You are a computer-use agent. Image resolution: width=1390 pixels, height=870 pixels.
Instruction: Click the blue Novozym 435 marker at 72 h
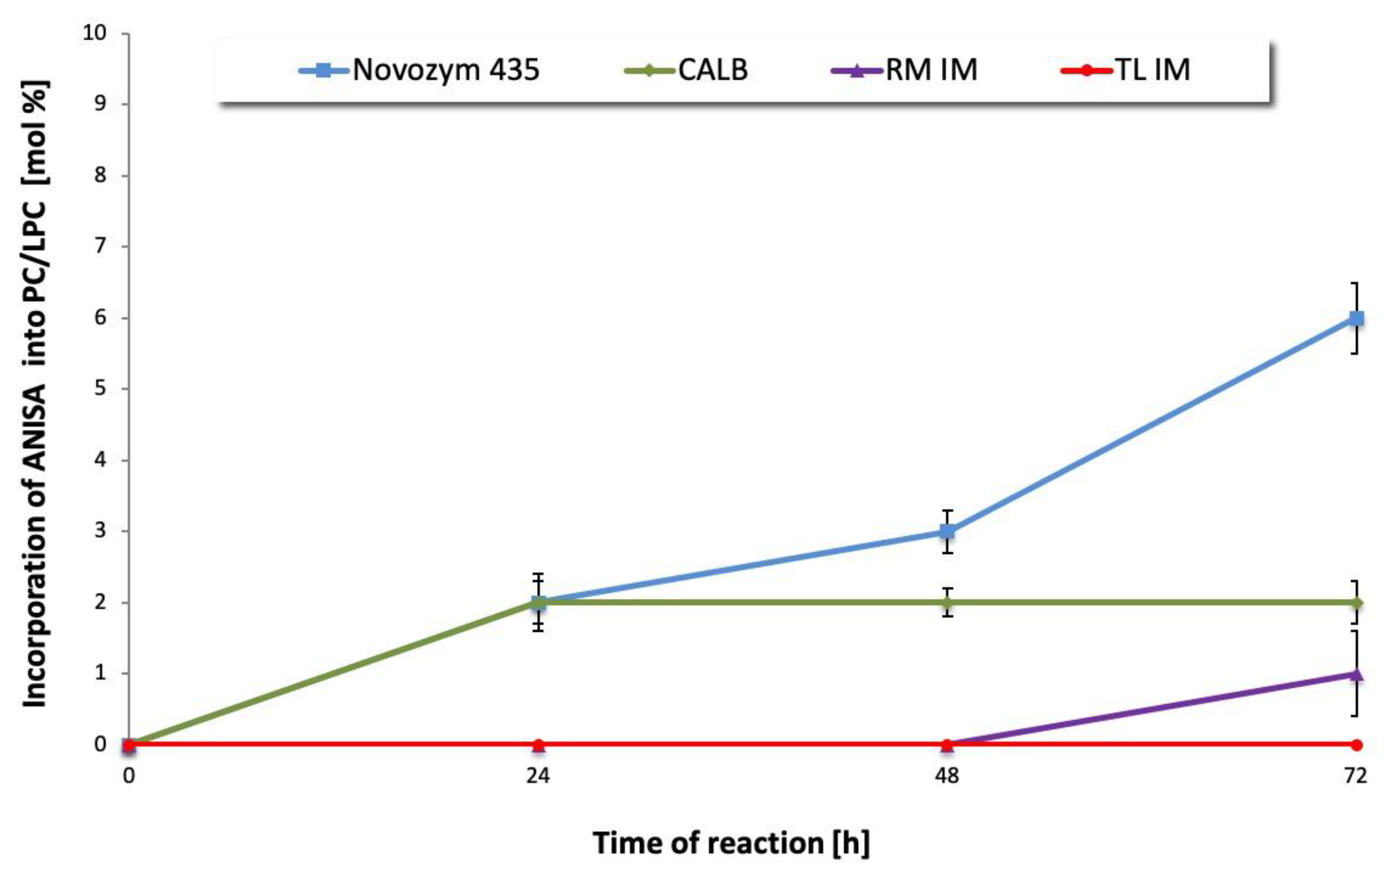point(1356,318)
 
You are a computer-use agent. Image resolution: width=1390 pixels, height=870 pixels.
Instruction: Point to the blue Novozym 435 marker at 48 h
point(947,531)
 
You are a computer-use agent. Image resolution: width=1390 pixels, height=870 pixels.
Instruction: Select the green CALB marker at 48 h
point(947,602)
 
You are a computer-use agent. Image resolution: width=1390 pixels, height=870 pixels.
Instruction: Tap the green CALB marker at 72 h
point(1356,602)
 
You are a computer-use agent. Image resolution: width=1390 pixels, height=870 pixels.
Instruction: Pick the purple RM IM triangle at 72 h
point(1356,674)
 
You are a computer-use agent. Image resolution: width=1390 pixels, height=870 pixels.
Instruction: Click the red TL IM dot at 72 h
point(1356,744)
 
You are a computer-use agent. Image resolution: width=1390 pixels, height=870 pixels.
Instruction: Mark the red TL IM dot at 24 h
point(538,744)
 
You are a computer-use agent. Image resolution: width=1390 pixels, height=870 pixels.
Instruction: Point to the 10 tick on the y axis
point(95,33)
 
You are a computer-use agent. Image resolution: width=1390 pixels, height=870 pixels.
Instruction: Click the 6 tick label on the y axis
point(101,317)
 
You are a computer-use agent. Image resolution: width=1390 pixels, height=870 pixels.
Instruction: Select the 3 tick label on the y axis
point(101,531)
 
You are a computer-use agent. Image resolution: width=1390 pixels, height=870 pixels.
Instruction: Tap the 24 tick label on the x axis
point(538,776)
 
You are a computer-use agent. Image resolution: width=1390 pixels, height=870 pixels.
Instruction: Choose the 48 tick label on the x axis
point(947,776)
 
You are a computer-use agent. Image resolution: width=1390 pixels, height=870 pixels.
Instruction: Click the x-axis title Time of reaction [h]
point(731,843)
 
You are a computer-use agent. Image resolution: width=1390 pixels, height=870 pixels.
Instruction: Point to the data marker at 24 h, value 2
point(538,602)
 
